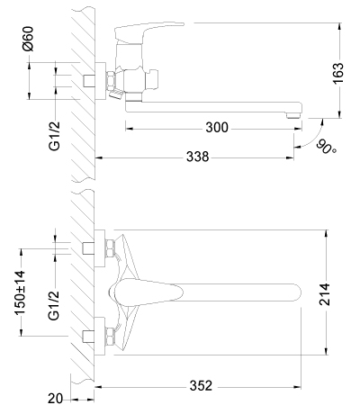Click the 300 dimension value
(x=217, y=128)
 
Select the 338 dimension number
(x=197, y=157)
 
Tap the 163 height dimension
(x=338, y=74)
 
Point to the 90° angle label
(x=326, y=147)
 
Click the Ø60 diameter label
(x=29, y=39)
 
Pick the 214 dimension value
(x=325, y=294)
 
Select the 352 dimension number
(x=201, y=386)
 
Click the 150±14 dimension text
(x=20, y=292)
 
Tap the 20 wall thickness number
(x=55, y=399)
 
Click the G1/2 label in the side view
(x=54, y=136)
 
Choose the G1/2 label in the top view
(x=54, y=305)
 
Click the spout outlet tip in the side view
(x=293, y=115)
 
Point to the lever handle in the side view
(x=148, y=31)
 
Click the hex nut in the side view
(x=111, y=80)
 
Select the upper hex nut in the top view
(x=110, y=248)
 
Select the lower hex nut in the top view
(x=110, y=337)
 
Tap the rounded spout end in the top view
(x=295, y=292)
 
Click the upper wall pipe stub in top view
(x=88, y=247)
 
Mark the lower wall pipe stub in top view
(x=88, y=337)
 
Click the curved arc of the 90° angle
(x=314, y=139)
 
